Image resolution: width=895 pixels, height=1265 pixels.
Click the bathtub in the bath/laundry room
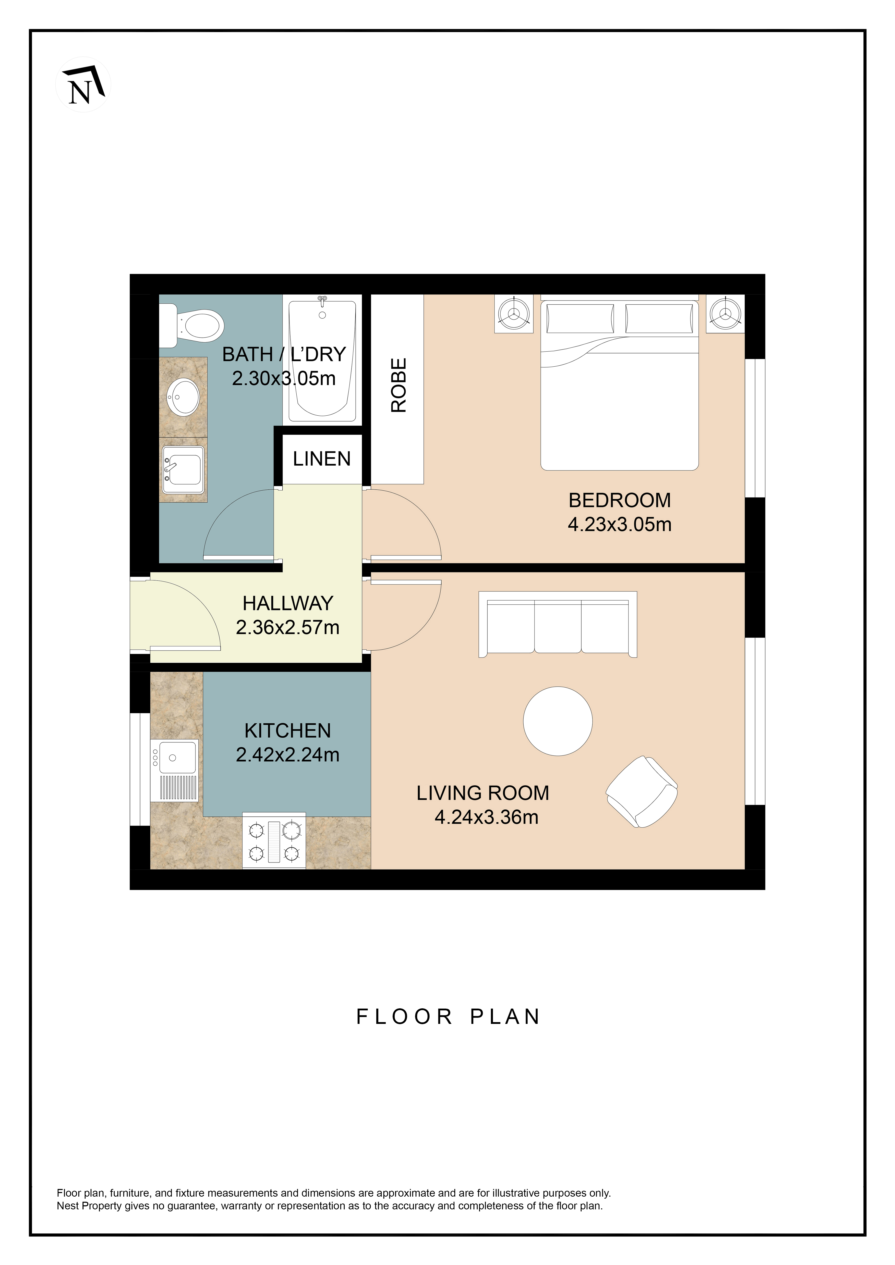tap(322, 361)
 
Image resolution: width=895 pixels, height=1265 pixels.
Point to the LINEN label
tap(322, 459)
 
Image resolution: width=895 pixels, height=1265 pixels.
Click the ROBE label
tap(398, 385)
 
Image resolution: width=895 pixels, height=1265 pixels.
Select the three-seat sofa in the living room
tap(558, 624)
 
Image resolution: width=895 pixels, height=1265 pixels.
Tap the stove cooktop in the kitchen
tap(274, 841)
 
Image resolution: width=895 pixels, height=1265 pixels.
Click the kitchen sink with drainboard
tap(174, 770)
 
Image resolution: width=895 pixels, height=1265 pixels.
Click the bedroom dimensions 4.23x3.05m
tap(620, 524)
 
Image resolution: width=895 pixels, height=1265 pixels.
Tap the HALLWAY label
tap(288, 603)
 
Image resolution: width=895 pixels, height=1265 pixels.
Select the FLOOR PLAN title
tap(448, 1016)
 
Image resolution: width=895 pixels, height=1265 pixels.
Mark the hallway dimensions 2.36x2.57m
tap(288, 627)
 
